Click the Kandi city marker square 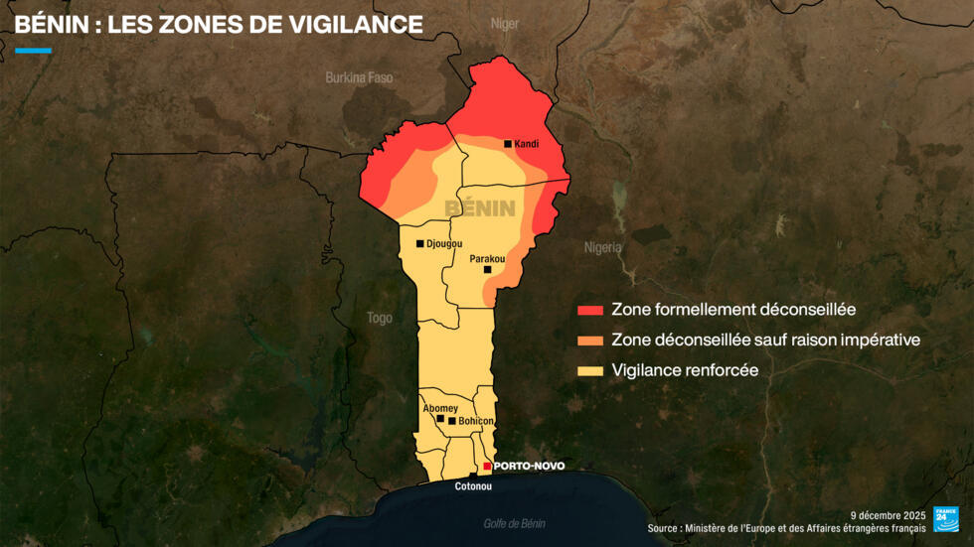508,144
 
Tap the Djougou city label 444,243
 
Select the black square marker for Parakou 487,269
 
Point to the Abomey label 440,408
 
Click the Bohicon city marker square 452,421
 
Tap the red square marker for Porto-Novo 487,466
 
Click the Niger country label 505,23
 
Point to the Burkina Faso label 359,76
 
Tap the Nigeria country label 602,247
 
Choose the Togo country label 380,318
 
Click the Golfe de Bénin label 514,523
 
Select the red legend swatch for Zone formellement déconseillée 590,310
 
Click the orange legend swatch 590,341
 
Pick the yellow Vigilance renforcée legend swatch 590,371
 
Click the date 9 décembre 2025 888,515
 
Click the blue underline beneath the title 33,50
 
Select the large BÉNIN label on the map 480,208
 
